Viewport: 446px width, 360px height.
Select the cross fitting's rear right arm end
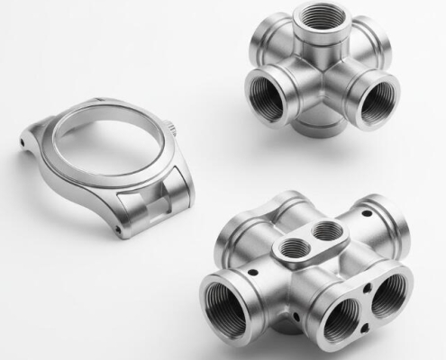378,45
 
